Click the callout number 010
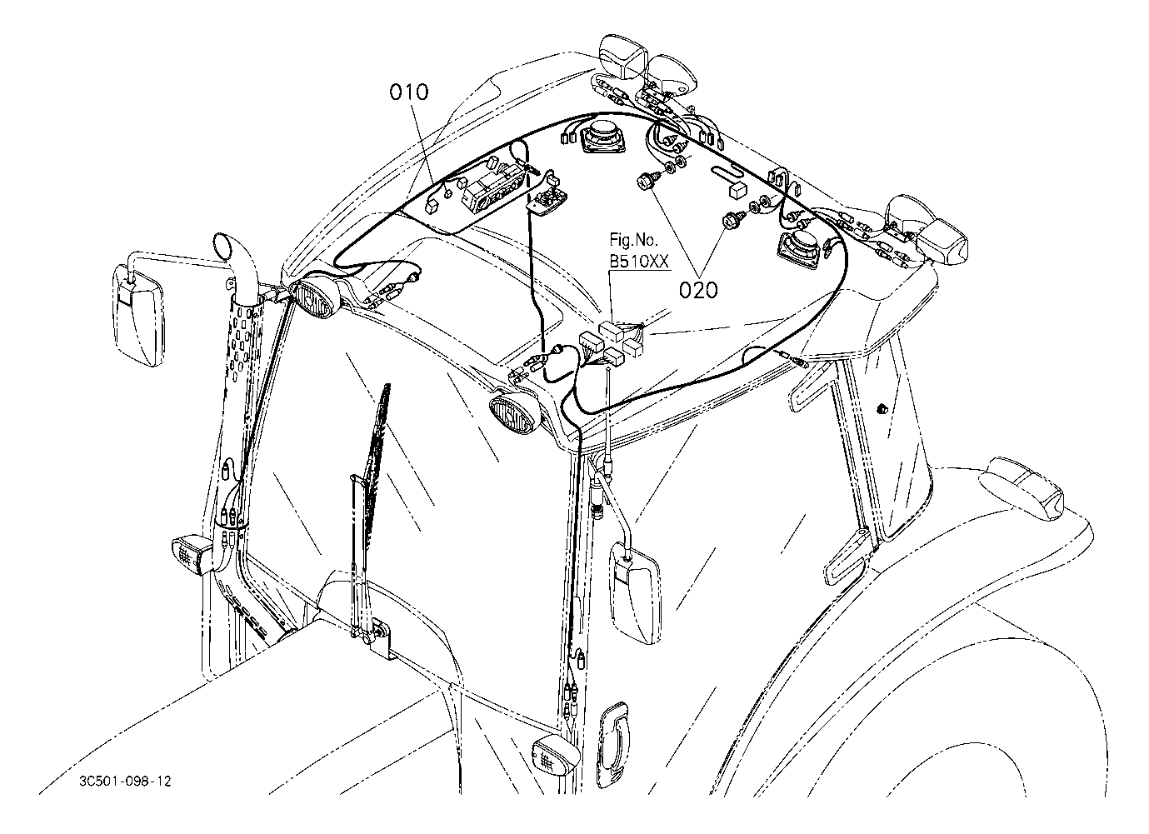tap(409, 91)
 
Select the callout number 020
tap(697, 290)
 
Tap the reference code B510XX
tap(639, 262)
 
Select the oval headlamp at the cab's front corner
tap(511, 414)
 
